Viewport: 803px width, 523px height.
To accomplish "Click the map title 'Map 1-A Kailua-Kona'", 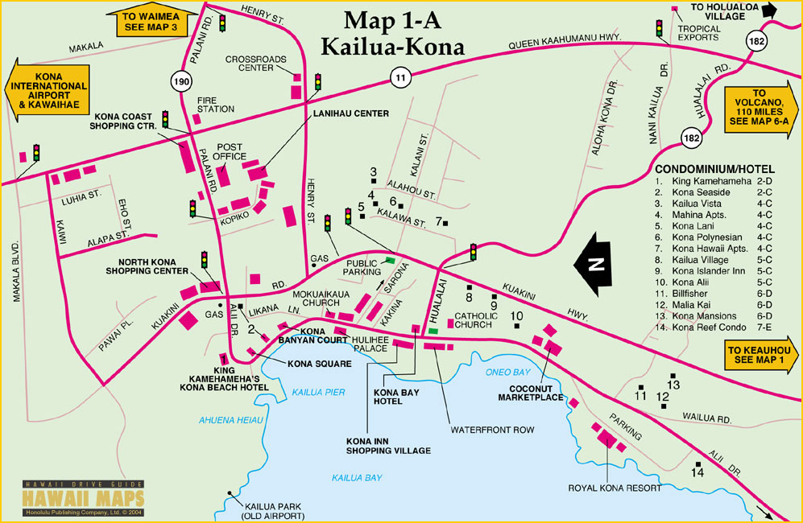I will pos(392,33).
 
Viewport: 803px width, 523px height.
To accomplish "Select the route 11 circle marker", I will pos(399,77).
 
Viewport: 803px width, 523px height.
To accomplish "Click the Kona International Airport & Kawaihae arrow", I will pos(45,90).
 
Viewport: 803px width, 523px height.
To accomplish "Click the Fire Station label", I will pos(215,104).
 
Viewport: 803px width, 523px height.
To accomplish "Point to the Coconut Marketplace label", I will pos(529,393).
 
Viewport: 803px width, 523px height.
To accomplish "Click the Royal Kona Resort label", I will pos(615,488).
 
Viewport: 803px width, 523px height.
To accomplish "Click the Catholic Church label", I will pos(477,320).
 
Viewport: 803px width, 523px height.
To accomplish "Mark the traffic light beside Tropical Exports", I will pos(659,29).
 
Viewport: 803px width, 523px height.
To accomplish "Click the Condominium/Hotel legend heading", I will pos(714,170).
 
